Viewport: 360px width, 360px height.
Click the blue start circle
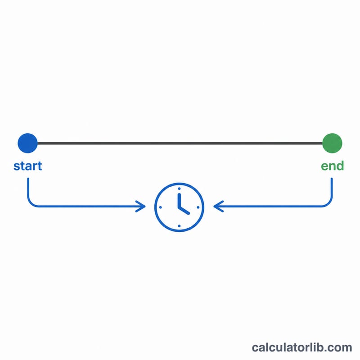tap(27, 143)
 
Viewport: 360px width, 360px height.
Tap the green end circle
tap(332, 143)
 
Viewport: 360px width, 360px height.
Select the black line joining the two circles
tap(180, 143)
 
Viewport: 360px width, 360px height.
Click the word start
tap(28, 166)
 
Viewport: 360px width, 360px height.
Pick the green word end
tap(332, 166)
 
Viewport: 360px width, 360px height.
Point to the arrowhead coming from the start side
tap(141, 206)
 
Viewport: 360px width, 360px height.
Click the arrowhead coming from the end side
tap(218, 206)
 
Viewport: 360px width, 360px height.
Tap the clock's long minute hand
tap(179, 201)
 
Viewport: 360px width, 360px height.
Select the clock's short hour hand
tap(184, 211)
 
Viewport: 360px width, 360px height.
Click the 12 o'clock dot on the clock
tap(179, 189)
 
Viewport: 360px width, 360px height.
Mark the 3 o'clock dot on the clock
tap(198, 207)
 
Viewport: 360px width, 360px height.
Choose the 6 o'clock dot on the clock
tap(179, 226)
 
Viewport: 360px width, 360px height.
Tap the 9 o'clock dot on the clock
tap(160, 207)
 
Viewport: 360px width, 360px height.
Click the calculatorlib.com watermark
tap(301, 347)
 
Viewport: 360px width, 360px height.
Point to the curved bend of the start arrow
tap(31, 203)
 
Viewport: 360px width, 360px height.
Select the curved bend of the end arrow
tap(329, 203)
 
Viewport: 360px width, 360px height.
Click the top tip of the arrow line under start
tap(28, 178)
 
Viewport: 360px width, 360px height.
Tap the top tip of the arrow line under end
tap(332, 178)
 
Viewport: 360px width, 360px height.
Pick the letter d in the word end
tap(340, 166)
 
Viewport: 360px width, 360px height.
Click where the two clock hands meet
tap(179, 207)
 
